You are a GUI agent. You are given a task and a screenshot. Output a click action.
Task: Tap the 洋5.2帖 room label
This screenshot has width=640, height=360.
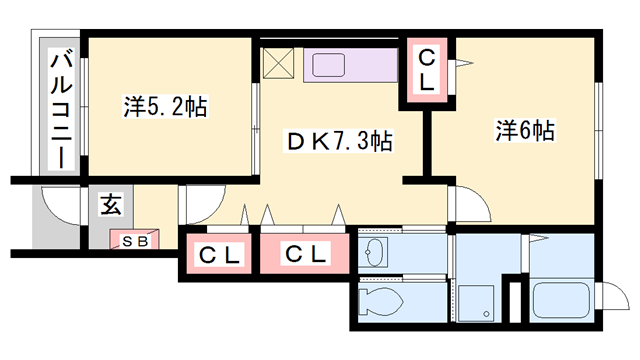click(x=166, y=107)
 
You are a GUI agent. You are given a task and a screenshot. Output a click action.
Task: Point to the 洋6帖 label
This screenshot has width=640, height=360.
click(x=526, y=130)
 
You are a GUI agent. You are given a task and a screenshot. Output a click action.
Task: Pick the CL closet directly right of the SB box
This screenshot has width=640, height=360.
click(x=218, y=254)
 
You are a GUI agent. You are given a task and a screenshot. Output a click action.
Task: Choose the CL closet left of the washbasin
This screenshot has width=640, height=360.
click(x=307, y=254)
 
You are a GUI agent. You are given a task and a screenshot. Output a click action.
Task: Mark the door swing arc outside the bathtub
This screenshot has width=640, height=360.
click(x=611, y=297)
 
